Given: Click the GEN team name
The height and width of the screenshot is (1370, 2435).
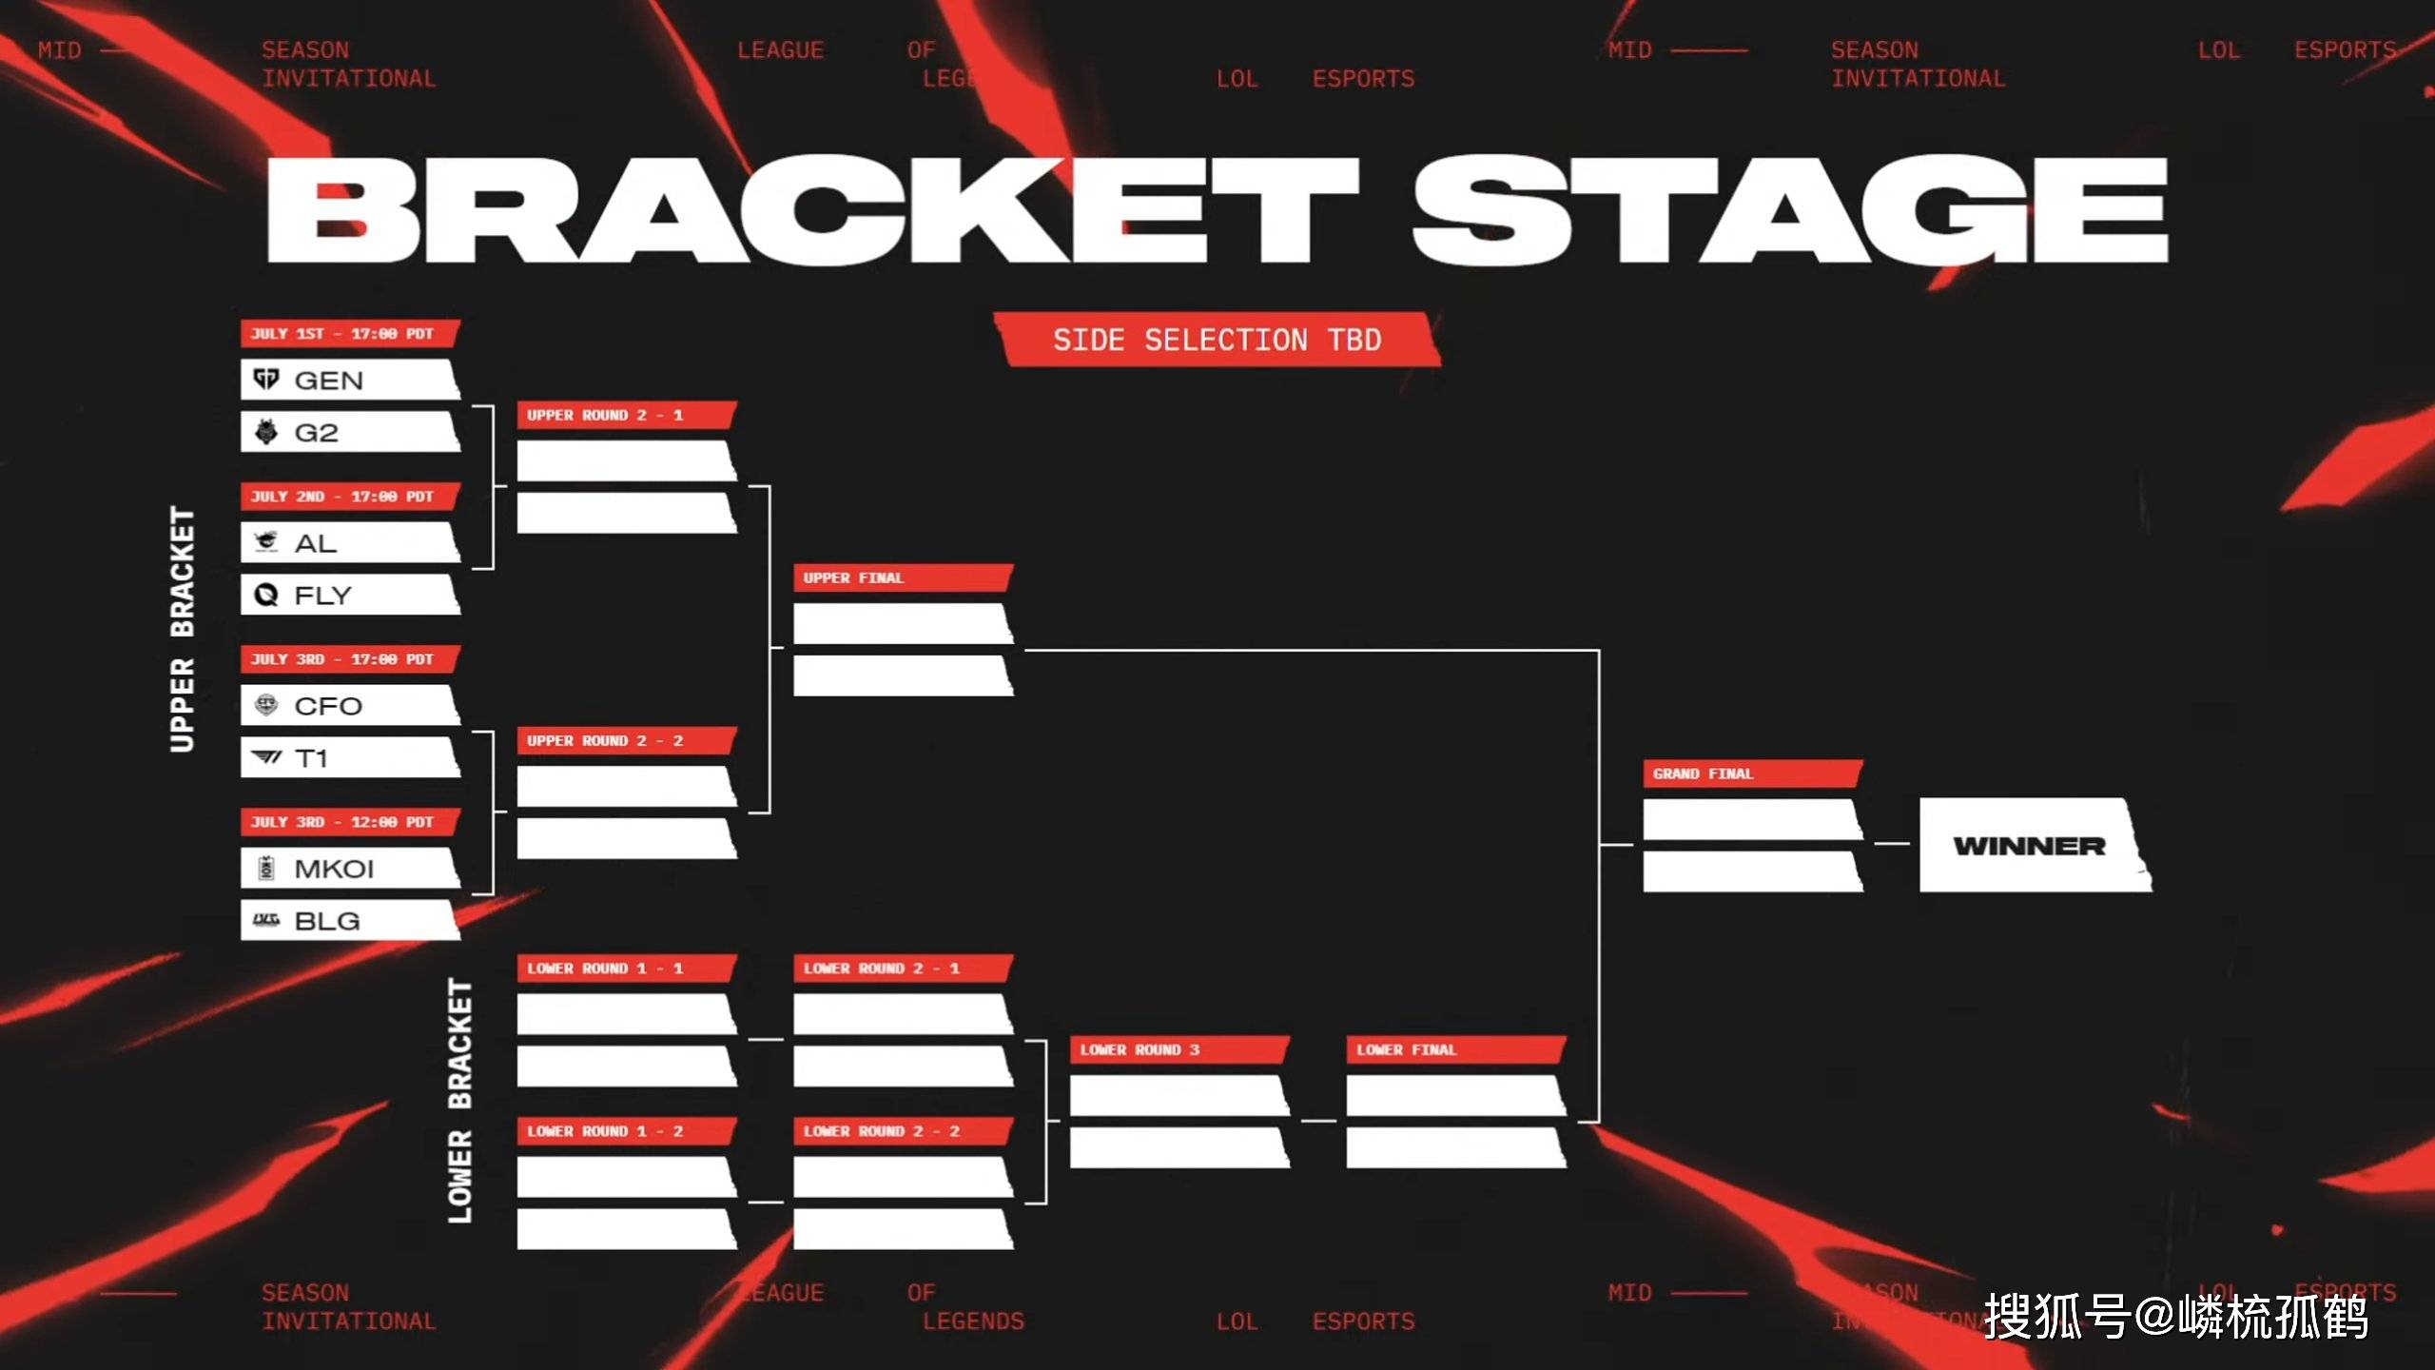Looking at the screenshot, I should [x=329, y=381].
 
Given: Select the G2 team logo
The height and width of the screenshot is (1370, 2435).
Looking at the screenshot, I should [x=266, y=433].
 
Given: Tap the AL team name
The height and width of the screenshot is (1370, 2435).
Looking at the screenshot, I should [x=316, y=543].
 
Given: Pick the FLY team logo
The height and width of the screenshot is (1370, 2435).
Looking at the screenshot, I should [x=266, y=596].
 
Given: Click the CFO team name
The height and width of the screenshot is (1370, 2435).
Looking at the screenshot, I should [x=328, y=706].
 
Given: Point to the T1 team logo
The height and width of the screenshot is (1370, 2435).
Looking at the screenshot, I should [x=266, y=758].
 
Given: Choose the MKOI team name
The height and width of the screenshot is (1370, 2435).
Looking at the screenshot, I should [x=334, y=869].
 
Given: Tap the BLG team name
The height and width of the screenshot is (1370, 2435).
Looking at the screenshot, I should [x=327, y=921].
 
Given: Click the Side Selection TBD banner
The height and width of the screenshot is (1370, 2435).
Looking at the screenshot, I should [x=1217, y=340].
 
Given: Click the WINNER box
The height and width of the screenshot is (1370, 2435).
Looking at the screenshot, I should [x=2032, y=846].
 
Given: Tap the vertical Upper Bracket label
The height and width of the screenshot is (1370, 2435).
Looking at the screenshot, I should [x=182, y=629].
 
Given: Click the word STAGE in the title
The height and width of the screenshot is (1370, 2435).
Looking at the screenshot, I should [x=1788, y=211].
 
